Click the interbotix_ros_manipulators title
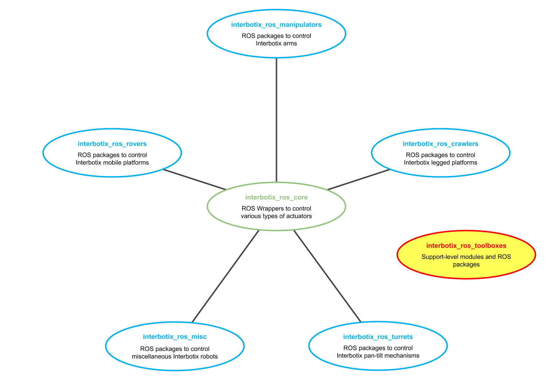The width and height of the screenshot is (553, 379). (276, 25)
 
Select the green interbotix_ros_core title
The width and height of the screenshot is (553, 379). (276, 197)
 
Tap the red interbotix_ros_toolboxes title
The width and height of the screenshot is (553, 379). (466, 246)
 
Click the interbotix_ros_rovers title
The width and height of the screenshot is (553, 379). (112, 144)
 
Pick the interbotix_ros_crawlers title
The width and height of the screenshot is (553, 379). (440, 144)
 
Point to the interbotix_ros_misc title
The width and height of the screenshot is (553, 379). (175, 337)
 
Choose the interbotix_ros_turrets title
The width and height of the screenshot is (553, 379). (378, 337)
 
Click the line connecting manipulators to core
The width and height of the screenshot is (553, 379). (276, 119)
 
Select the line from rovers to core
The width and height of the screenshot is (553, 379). (195, 179)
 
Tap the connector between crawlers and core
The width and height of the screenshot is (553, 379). (359, 179)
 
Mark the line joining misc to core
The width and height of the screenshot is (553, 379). (225, 276)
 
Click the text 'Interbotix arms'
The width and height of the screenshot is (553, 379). (276, 44)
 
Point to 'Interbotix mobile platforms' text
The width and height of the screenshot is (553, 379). (112, 163)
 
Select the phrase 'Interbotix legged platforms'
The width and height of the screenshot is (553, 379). (440, 163)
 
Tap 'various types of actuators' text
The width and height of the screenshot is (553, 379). (276, 216)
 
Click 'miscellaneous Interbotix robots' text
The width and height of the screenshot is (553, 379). (175, 357)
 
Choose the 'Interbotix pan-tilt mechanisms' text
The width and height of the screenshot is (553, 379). (378, 356)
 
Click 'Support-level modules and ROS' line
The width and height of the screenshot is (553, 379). (466, 257)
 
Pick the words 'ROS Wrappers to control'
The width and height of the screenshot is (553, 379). (276, 208)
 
